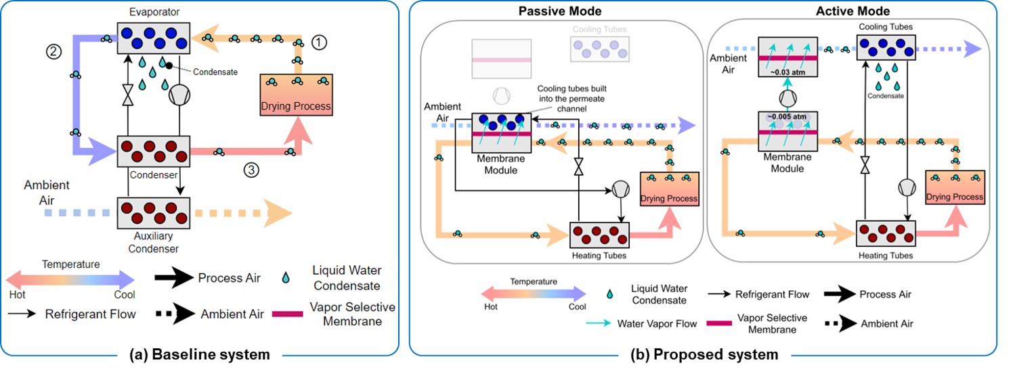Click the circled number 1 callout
(x=320, y=42)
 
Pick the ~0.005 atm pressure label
(x=786, y=116)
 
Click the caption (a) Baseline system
(x=201, y=354)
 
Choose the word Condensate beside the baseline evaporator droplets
(x=215, y=72)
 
